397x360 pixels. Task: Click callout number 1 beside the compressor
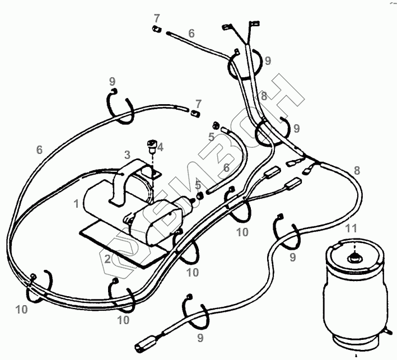coord(76,203)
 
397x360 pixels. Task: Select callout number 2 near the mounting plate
coord(108,259)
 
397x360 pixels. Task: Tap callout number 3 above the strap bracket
coord(127,154)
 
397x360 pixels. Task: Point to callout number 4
coord(160,147)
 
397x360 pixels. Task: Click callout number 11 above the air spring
coord(351,228)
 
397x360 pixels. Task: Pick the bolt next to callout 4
coord(151,146)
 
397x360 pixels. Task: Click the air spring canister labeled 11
coord(356,294)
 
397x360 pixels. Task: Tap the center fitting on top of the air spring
coord(354,258)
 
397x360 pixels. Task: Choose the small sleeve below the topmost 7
coord(157,29)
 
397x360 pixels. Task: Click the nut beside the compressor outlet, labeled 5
coord(200,196)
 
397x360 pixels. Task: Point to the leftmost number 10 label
coord(21,310)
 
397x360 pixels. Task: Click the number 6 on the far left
coord(39,149)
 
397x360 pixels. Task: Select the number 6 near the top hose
coord(192,33)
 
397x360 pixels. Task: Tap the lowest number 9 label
coord(200,338)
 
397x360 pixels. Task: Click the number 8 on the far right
coord(357,170)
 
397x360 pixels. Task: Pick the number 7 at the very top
coord(157,18)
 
